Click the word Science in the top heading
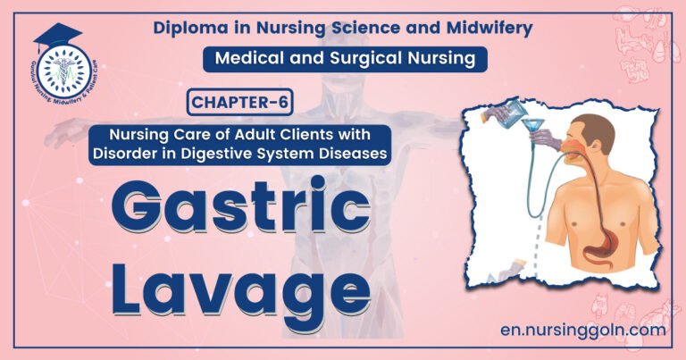click(x=373, y=28)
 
